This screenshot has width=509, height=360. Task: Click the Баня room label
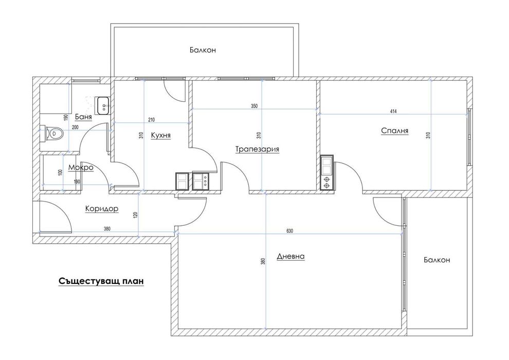(83, 117)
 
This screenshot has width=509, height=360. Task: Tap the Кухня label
(161, 135)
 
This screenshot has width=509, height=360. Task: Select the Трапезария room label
(257, 149)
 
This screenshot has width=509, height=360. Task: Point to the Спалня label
(394, 131)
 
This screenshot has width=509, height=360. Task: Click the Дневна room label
(291, 257)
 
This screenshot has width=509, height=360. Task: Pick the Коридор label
(102, 209)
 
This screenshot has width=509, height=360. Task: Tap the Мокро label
(81, 168)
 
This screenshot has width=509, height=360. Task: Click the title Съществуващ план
(101, 281)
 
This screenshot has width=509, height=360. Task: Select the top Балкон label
(203, 50)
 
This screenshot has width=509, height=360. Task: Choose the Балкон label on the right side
(437, 260)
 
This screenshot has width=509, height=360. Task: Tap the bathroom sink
(103, 105)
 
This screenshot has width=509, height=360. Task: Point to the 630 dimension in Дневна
(290, 231)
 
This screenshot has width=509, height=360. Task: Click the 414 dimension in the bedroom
(393, 112)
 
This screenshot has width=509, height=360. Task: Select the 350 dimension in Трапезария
(254, 106)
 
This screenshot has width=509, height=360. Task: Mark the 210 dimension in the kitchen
(151, 120)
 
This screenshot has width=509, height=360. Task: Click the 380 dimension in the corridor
(107, 229)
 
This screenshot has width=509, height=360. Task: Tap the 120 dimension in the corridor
(136, 214)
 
